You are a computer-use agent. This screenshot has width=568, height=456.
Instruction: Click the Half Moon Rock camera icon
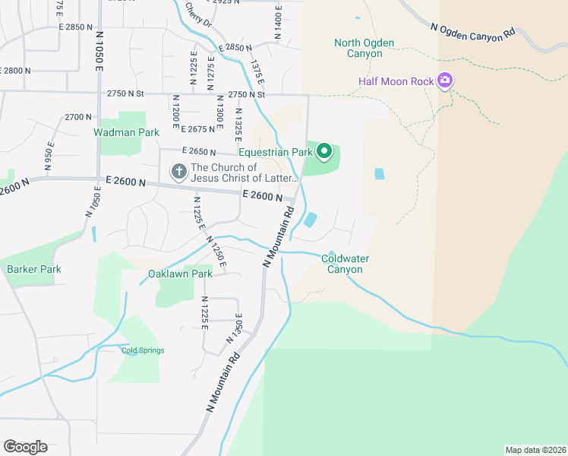tap(445, 81)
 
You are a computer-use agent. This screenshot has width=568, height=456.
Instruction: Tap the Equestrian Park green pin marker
tap(324, 152)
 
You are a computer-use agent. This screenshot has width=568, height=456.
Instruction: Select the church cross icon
tap(178, 173)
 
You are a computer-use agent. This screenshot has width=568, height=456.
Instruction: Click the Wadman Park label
tap(126, 132)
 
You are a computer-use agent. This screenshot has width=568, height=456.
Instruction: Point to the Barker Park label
tap(34, 269)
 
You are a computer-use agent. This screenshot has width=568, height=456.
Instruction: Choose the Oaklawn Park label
tap(180, 274)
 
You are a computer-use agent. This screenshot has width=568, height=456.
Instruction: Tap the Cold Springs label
tap(143, 350)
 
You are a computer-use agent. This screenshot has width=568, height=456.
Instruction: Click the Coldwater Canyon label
tap(345, 264)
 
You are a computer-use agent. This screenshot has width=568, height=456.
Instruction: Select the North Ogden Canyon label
tap(364, 48)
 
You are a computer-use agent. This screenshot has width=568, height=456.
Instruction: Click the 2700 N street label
tap(78, 117)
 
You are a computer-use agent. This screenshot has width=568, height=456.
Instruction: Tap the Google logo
tap(25, 446)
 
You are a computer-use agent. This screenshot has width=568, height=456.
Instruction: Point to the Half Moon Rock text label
tap(396, 81)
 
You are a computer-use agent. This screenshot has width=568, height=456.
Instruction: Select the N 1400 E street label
tap(278, 23)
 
